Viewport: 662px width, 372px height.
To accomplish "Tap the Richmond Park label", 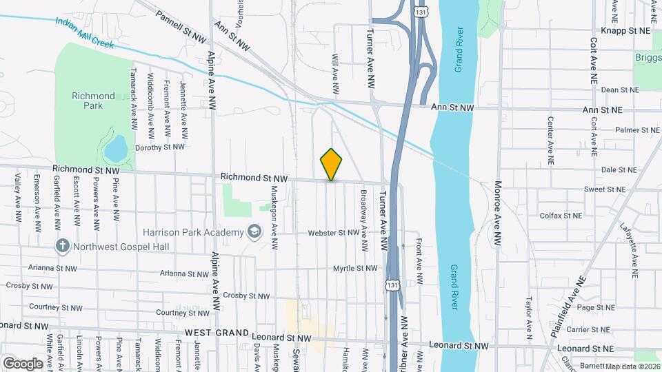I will (x=93, y=101).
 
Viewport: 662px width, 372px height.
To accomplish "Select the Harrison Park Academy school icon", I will (x=255, y=231).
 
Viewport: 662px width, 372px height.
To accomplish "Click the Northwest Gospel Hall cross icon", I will (x=62, y=245).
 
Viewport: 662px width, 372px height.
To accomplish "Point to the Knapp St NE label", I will (x=625, y=31).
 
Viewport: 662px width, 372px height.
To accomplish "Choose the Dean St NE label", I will (x=621, y=90).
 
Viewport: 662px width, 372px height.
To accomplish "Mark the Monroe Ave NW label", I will (x=496, y=214).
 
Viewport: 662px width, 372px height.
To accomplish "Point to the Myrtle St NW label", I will (x=355, y=268).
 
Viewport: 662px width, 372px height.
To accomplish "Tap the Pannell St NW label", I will (x=181, y=23).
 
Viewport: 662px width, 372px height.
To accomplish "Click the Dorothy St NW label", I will (x=160, y=147).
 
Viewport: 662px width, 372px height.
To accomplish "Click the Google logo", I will (x=23, y=363).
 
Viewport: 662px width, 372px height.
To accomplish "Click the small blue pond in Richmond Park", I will (x=115, y=147).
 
